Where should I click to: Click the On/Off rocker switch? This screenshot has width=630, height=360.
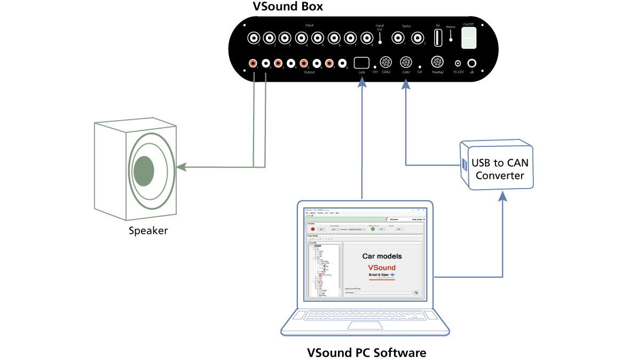pos(468,38)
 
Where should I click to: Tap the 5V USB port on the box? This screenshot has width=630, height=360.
pos(438,38)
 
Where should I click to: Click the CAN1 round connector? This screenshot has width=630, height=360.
pos(406,62)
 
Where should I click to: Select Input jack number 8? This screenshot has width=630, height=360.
pos(367,38)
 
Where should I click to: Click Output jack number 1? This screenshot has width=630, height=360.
pos(254,63)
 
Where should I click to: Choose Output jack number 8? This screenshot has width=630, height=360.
pos(341,63)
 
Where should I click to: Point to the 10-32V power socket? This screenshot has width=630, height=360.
pos(458,63)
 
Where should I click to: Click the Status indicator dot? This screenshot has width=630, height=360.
pos(451,39)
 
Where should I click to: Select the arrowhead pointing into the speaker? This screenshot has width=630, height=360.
pos(182,167)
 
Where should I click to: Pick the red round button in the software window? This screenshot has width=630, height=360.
pos(313,229)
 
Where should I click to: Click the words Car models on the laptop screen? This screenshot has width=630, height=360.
pos(382,256)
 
